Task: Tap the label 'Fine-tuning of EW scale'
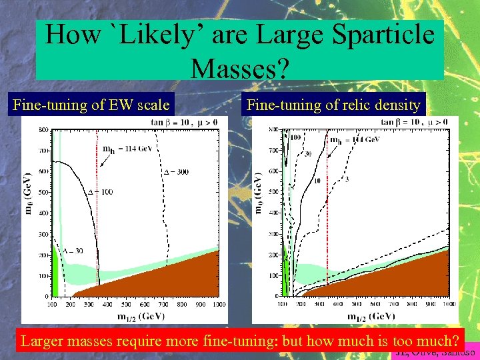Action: pyautogui.click(x=91, y=105)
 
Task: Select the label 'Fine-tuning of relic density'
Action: pyautogui.click(x=333, y=105)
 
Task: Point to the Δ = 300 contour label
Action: pyautogui.click(x=176, y=171)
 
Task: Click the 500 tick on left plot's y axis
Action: pyautogui.click(x=43, y=193)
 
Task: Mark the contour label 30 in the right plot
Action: pyautogui.click(x=307, y=154)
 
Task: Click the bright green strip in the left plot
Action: pyautogui.click(x=56, y=273)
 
